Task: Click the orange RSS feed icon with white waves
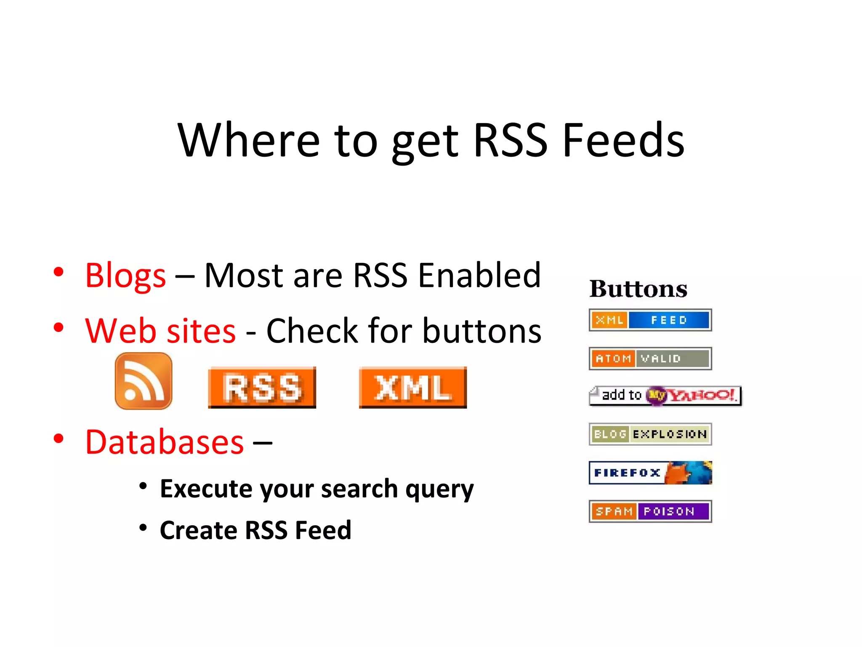click(144, 381)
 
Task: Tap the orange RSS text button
click(262, 387)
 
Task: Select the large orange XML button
click(412, 387)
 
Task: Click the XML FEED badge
click(650, 320)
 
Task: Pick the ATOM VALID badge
click(650, 358)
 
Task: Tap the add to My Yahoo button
click(665, 396)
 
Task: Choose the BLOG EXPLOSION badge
click(650, 434)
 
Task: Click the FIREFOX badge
click(650, 473)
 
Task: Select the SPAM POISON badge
click(650, 511)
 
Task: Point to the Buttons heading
click(638, 289)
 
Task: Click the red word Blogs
click(125, 276)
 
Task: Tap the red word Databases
click(164, 442)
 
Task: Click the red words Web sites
click(160, 331)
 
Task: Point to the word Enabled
click(479, 275)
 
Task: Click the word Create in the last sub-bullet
click(198, 530)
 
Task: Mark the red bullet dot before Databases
click(59, 438)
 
